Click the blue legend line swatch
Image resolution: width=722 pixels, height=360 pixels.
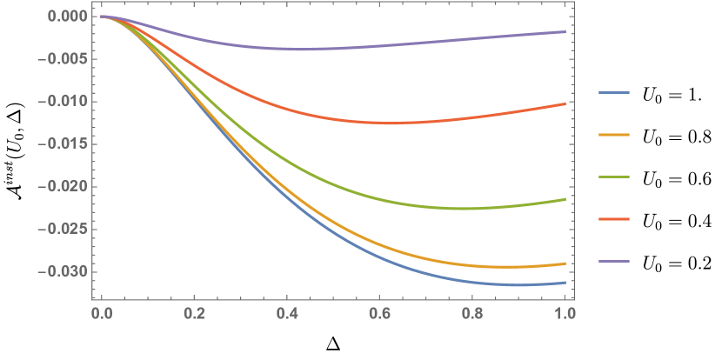[614, 92]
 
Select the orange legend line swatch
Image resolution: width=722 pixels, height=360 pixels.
[614, 135]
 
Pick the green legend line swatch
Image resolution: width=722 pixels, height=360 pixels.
[614, 177]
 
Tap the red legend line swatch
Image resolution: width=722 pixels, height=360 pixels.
[614, 219]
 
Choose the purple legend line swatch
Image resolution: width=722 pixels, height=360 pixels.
[614, 261]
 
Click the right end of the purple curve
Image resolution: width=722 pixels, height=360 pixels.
[565, 31]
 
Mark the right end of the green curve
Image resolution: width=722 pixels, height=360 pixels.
[565, 199]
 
